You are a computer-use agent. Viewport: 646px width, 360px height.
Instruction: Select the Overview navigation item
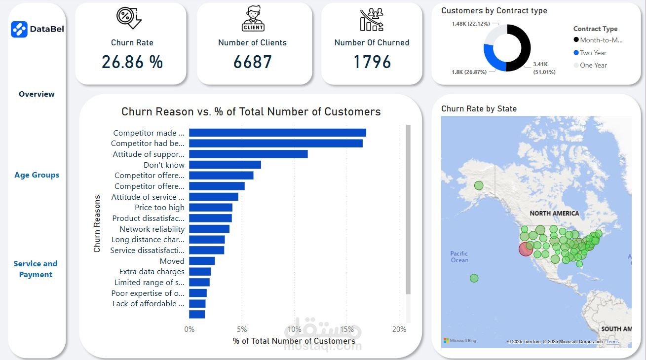tap(37, 94)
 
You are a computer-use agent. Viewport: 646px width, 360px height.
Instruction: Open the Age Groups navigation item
tap(37, 175)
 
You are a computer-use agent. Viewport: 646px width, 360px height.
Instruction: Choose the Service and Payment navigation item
tap(36, 269)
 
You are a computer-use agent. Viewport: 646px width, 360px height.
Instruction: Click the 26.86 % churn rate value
tap(132, 62)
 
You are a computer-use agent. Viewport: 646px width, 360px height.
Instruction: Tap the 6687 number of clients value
tap(253, 62)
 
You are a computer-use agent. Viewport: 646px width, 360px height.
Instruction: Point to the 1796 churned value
tap(372, 62)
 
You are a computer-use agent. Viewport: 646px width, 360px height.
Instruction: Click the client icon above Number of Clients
tap(253, 19)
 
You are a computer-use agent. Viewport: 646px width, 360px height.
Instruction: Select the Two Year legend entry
tap(593, 53)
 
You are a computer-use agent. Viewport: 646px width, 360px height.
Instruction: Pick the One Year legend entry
tap(593, 65)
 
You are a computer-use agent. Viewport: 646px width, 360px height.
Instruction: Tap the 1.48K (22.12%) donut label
tap(469, 24)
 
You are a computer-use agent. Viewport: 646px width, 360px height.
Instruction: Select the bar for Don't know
tap(225, 165)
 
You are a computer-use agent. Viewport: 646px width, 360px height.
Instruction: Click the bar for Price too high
tap(210, 208)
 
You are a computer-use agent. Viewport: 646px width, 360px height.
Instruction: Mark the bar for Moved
tap(201, 261)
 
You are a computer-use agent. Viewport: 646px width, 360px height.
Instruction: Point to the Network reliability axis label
tap(152, 229)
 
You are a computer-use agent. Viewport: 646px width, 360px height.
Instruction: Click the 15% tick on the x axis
tap(347, 329)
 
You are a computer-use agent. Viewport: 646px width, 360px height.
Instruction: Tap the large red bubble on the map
tap(526, 249)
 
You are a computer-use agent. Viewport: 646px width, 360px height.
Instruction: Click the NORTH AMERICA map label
tap(554, 214)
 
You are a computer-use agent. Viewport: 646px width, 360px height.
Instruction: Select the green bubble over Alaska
tap(479, 186)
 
